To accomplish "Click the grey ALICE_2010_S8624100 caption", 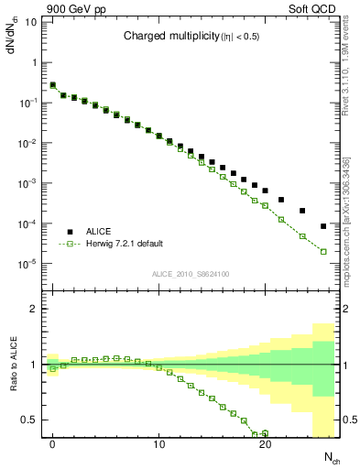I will [191, 273].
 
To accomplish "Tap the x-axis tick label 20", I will [265, 445].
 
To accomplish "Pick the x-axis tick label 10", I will [158, 445].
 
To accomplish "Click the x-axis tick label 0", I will [53, 445].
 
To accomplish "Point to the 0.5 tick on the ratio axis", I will [30, 420].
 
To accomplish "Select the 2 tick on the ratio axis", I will [34, 310].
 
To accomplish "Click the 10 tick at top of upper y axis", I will [33, 22].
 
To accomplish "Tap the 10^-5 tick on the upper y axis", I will [30, 264].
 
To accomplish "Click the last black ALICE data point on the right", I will [323, 226].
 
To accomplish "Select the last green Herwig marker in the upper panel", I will [323, 251].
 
